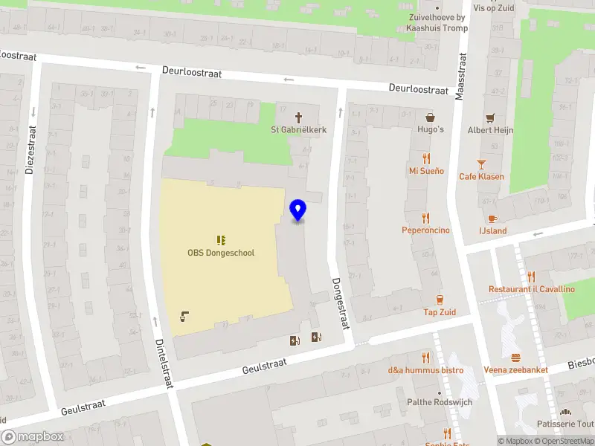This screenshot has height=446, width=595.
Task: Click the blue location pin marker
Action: tap(298, 210)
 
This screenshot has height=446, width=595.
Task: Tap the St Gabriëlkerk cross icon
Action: tap(299, 117)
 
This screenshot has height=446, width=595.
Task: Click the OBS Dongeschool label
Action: tap(221, 253)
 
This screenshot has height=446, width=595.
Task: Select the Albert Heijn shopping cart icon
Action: tap(490, 118)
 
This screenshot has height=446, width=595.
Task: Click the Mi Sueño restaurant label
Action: tap(426, 171)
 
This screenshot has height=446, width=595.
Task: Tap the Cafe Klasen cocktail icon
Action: tap(481, 164)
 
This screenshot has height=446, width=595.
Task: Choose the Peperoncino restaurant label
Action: tap(426, 230)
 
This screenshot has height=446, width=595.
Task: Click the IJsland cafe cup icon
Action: tap(492, 218)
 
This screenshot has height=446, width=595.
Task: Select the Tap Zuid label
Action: tap(440, 311)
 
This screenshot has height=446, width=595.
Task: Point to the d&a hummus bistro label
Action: tap(425, 370)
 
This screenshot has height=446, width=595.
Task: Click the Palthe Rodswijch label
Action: tap(439, 402)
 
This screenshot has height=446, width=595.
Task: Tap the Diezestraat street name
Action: tap(30, 148)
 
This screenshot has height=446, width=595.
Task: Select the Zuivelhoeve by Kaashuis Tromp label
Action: tap(437, 22)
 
